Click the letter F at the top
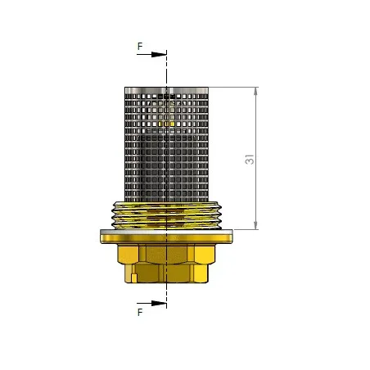click(x=140, y=47)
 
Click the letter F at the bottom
click(x=140, y=312)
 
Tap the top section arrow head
click(x=159, y=54)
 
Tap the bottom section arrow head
click(x=159, y=303)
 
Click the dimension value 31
click(x=250, y=160)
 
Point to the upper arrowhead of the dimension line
click(x=255, y=92)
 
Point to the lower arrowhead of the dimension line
click(x=255, y=225)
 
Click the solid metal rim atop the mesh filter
click(x=166, y=90)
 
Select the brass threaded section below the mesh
click(x=166, y=215)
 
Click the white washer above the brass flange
click(x=166, y=232)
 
